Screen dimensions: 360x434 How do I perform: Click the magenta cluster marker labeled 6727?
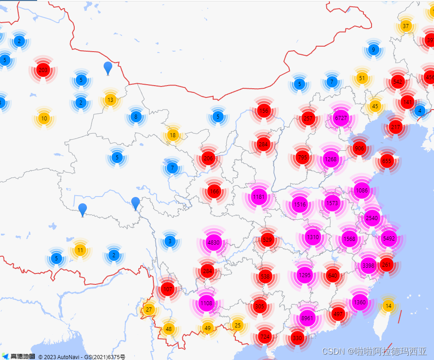click(x=341, y=118)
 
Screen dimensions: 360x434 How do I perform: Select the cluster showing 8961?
click(x=307, y=318)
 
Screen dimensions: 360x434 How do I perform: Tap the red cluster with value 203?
click(x=43, y=70)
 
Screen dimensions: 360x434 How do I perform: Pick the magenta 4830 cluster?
click(x=213, y=242)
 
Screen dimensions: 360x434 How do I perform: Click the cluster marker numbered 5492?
click(x=389, y=238)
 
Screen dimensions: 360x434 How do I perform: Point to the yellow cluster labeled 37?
click(x=405, y=26)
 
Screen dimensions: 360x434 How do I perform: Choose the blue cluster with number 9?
click(x=373, y=50)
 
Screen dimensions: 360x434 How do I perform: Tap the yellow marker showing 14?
click(x=388, y=306)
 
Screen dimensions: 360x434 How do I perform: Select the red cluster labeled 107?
click(x=168, y=289)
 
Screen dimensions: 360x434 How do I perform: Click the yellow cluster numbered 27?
click(x=148, y=310)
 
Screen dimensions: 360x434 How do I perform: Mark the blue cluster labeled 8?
click(x=136, y=117)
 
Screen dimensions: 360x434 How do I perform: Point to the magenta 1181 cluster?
click(x=259, y=197)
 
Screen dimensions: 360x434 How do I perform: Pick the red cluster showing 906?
click(x=359, y=149)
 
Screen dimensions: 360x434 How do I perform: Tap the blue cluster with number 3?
click(x=170, y=241)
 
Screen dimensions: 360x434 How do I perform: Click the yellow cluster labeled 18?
click(x=172, y=135)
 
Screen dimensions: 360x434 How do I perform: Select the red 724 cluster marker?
click(x=265, y=337)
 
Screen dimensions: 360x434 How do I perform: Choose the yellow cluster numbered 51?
click(x=362, y=78)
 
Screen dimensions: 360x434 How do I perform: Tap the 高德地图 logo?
click(x=18, y=356)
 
